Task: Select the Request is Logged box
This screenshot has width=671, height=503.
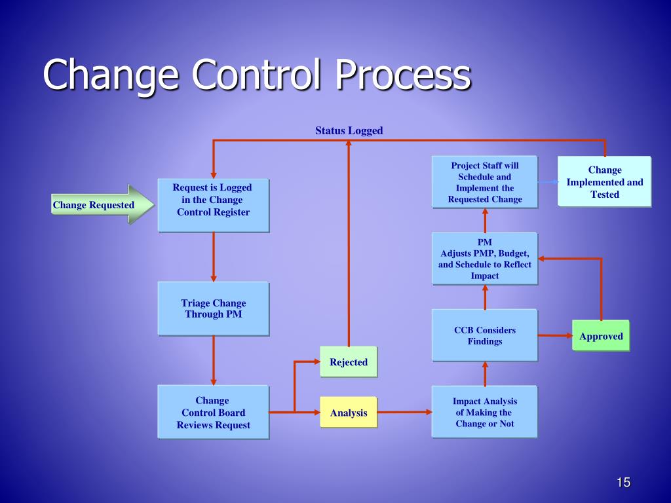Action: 213,205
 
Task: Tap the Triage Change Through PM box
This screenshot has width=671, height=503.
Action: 213,308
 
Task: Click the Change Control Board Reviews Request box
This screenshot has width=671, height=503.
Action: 213,412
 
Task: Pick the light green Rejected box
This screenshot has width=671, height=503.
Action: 348,362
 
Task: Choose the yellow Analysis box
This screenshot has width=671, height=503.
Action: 348,413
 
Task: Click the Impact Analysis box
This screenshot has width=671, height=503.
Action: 484,412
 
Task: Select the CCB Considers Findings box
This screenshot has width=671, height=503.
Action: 484,335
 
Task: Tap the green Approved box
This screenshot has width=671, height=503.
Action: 600,336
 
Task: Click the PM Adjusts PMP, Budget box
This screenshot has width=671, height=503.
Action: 484,258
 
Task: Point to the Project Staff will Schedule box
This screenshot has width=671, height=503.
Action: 484,182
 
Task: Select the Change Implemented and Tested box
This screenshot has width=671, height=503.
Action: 604,182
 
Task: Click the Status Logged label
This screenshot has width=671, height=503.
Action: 349,131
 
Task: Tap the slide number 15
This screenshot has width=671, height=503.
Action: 623,483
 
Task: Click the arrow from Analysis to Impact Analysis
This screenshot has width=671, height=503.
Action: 405,412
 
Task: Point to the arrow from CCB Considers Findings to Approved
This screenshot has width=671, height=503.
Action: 554,336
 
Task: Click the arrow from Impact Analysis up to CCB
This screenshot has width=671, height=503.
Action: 485,373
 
